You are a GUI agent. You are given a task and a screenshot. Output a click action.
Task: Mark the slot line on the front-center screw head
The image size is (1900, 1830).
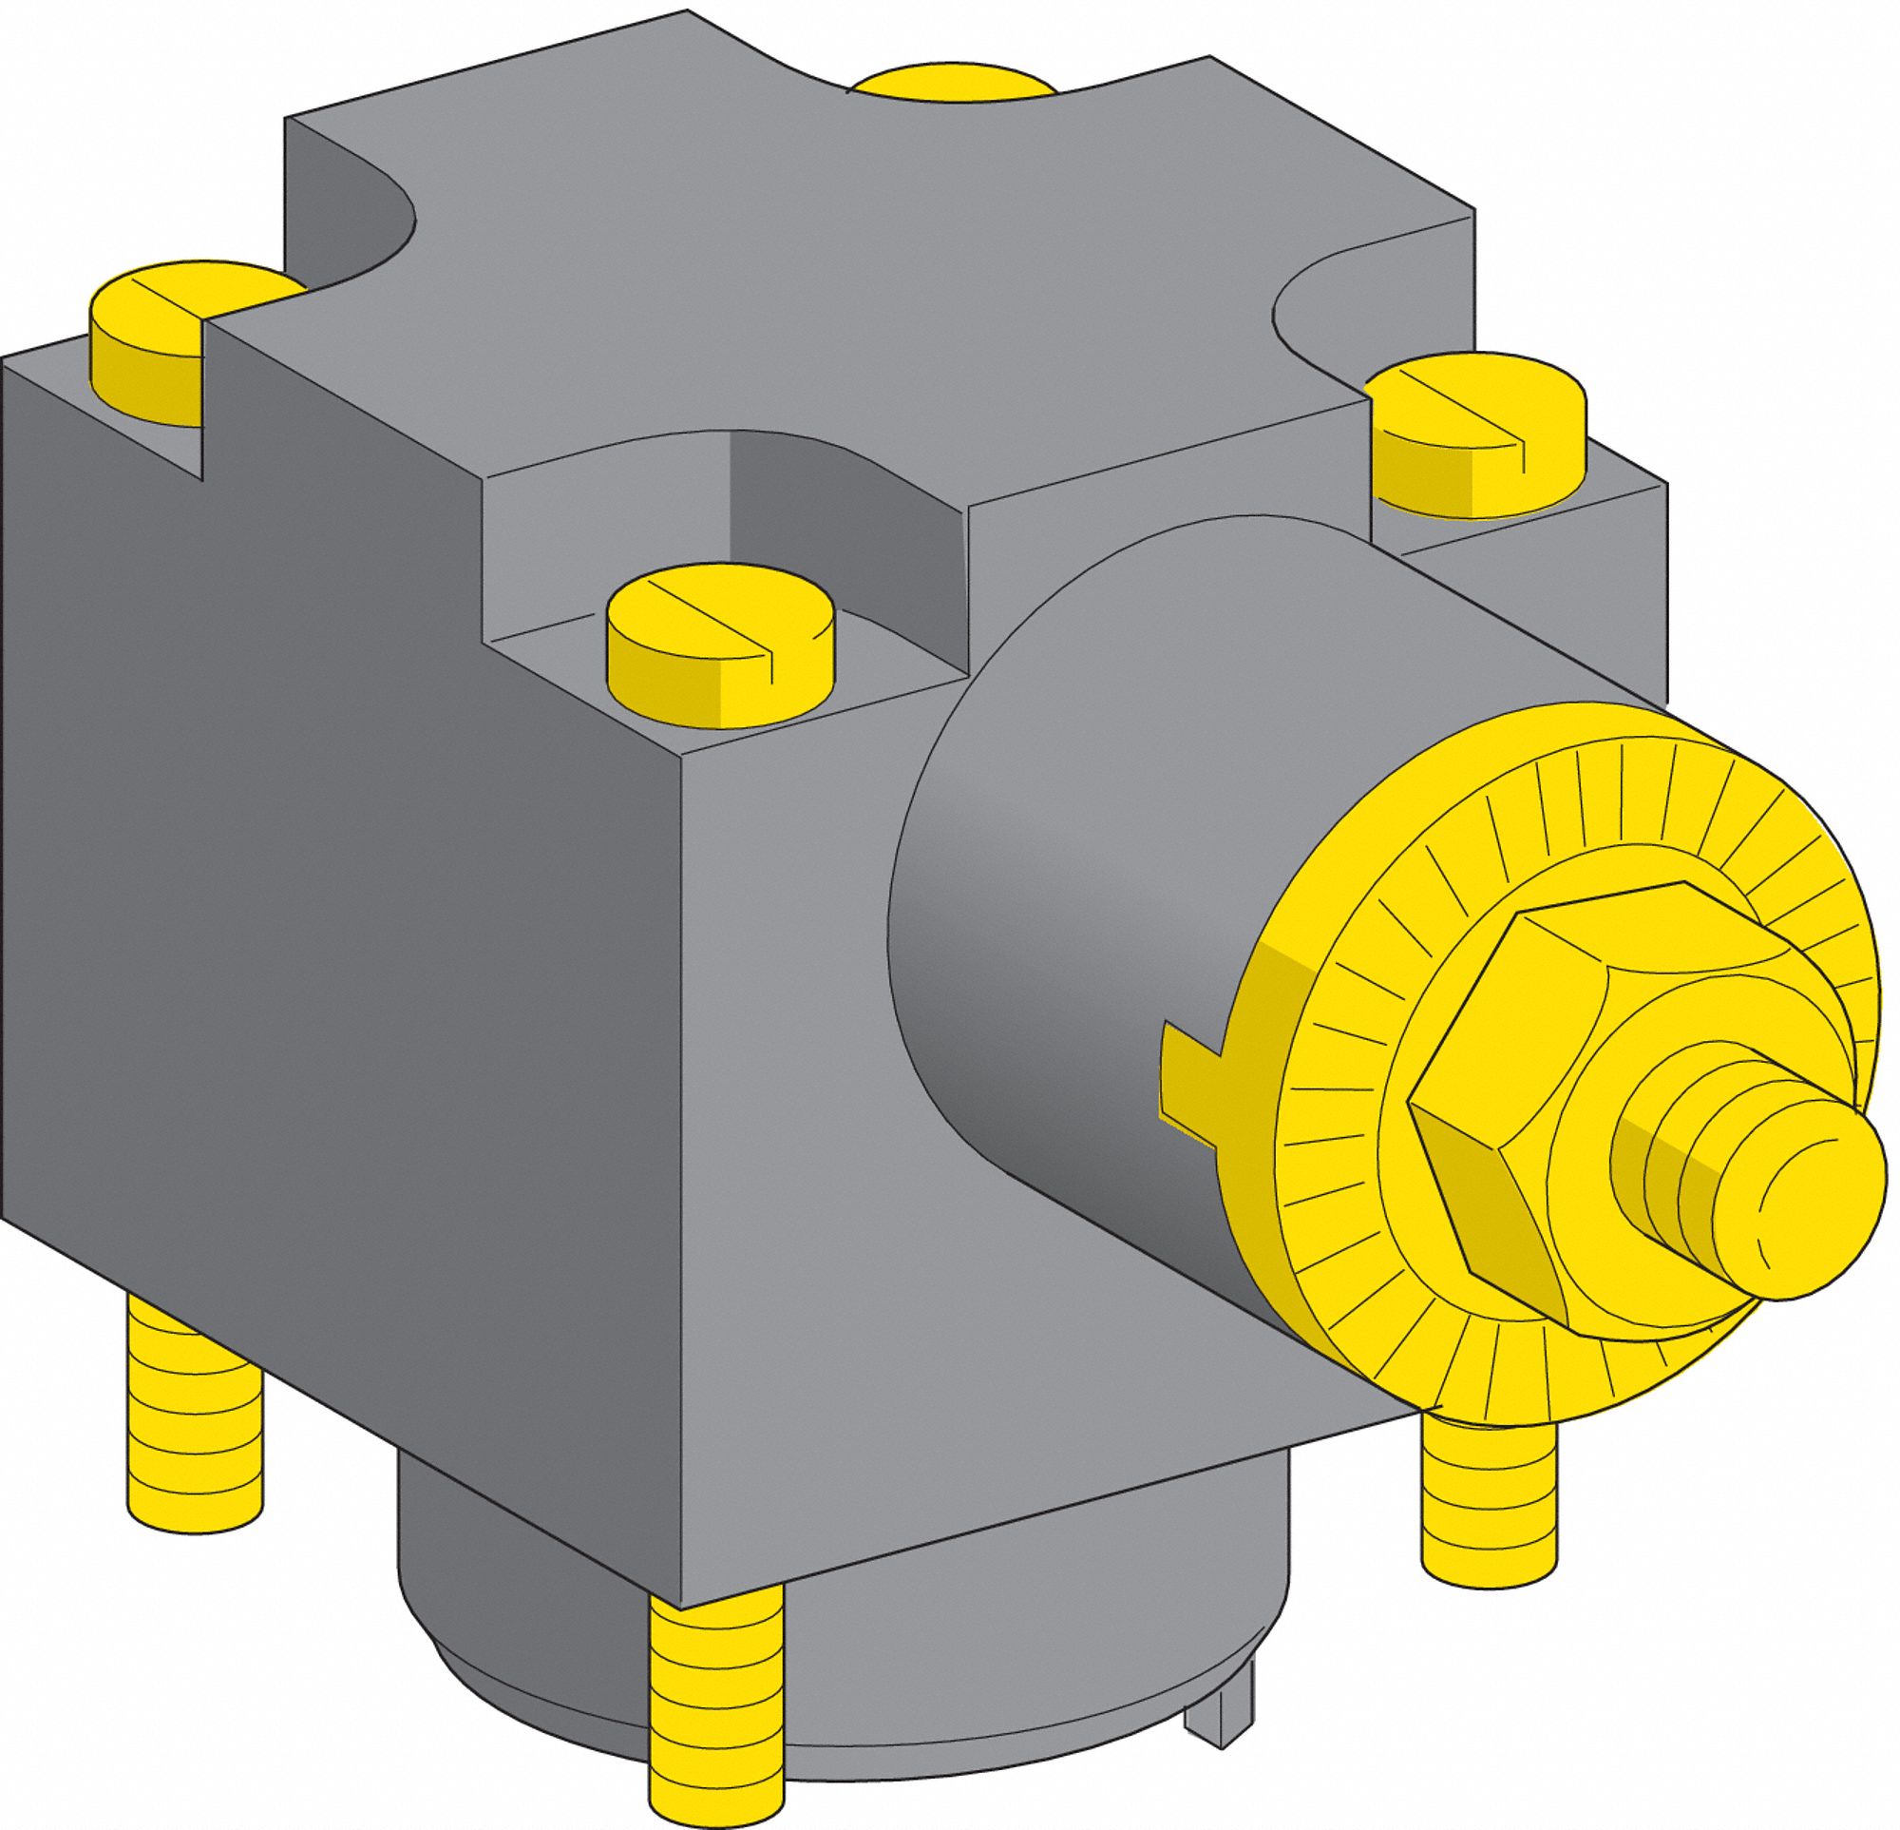click(x=712, y=621)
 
